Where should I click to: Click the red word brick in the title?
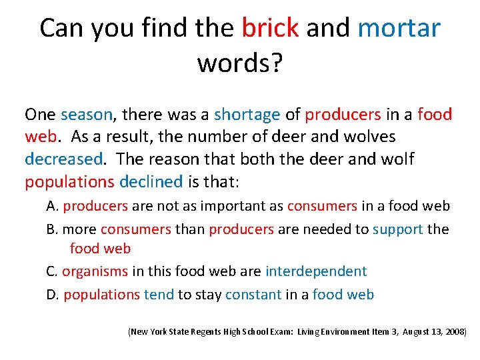(269, 28)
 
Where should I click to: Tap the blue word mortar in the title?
(399, 28)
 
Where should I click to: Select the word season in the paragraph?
(87, 115)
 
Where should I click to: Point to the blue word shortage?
(247, 115)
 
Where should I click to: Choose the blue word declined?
(151, 182)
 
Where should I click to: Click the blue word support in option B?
(397, 229)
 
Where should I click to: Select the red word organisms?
(95, 271)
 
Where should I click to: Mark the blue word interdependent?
(316, 271)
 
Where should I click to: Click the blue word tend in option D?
(159, 294)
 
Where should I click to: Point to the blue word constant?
(253, 294)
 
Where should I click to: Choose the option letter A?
(52, 207)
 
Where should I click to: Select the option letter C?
(52, 271)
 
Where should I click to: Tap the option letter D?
(53, 294)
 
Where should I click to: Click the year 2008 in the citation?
(455, 331)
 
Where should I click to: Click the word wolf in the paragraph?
(401, 160)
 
